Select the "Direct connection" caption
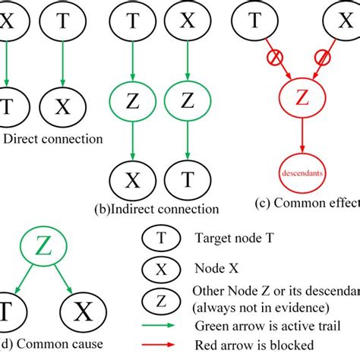pos(53,139)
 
